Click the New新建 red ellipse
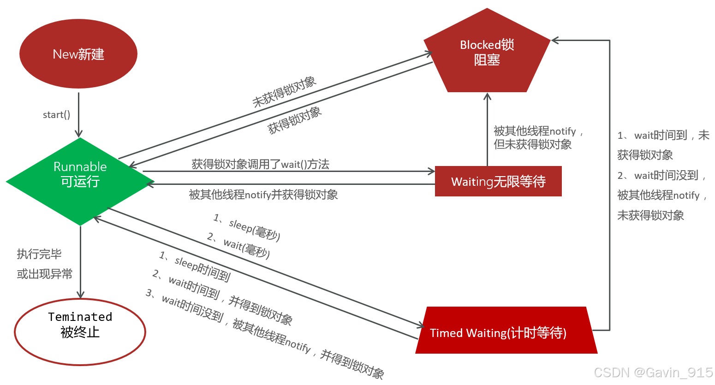point(78,54)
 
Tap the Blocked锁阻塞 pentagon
point(487,53)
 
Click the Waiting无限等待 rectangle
point(498,181)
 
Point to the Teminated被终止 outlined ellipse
point(80,332)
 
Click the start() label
point(56,115)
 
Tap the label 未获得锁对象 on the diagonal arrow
point(284,92)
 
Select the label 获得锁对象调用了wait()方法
point(260,164)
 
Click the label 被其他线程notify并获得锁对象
point(263,195)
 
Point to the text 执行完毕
point(39,254)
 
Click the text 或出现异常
point(45,274)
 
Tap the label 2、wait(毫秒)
point(239,245)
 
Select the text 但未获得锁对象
point(532,144)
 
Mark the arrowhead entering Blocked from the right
point(555,41)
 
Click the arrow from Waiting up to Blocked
point(487,129)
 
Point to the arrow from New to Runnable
point(79,115)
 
